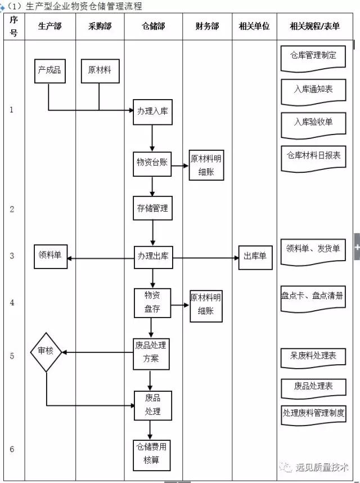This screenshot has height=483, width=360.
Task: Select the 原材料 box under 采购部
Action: click(x=99, y=70)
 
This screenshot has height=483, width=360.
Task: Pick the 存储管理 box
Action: click(x=152, y=208)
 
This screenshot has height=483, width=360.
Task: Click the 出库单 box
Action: click(x=255, y=257)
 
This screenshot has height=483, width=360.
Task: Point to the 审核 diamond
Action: click(x=46, y=351)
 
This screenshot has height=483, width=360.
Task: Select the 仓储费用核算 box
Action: click(x=151, y=454)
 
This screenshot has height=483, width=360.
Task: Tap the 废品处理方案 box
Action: click(x=151, y=352)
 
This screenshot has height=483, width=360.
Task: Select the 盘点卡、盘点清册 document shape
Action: click(x=313, y=296)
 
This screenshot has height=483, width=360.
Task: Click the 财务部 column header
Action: click(x=207, y=27)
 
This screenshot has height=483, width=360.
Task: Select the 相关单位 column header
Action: click(x=254, y=27)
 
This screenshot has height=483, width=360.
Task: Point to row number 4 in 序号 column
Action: click(x=12, y=303)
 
